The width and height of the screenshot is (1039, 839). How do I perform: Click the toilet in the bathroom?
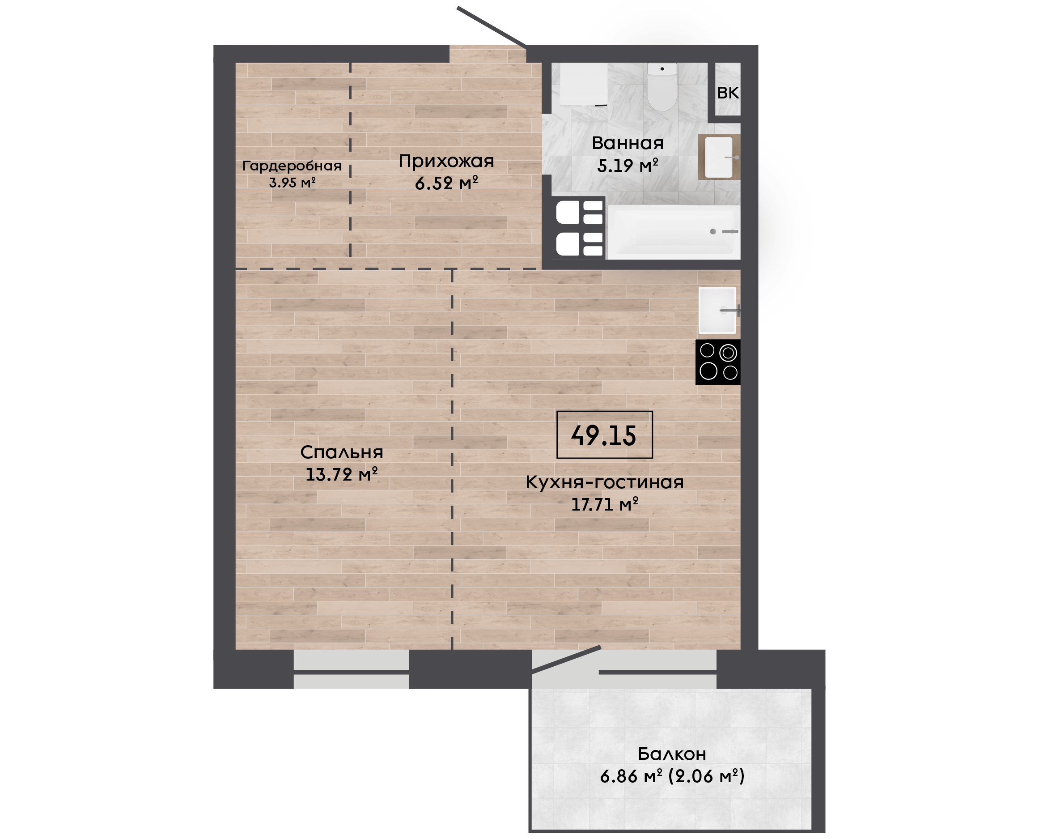(x=662, y=87)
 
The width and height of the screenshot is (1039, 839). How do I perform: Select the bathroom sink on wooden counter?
(x=719, y=157)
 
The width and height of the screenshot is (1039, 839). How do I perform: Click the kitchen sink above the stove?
(x=718, y=310)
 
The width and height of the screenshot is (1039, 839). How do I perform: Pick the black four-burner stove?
(x=718, y=362)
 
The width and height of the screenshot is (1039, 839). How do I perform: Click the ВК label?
(x=728, y=92)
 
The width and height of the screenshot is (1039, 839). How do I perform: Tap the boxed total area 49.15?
(x=604, y=435)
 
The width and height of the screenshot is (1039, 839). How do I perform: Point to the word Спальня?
(x=342, y=452)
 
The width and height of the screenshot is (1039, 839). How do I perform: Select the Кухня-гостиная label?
(x=604, y=482)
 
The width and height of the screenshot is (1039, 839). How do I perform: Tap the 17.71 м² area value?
(x=605, y=505)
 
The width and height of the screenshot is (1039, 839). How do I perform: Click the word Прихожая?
(x=446, y=161)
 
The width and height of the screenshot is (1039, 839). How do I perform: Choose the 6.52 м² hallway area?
(x=446, y=183)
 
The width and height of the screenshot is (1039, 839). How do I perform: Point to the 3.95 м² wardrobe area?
(x=292, y=183)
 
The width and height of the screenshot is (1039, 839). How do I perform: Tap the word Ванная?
(x=628, y=143)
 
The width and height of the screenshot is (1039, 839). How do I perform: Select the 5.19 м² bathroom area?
(x=628, y=166)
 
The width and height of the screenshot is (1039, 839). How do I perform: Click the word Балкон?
(x=672, y=754)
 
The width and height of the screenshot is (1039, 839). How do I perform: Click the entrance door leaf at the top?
(x=492, y=27)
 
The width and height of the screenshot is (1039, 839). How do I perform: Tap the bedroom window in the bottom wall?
(x=351, y=669)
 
